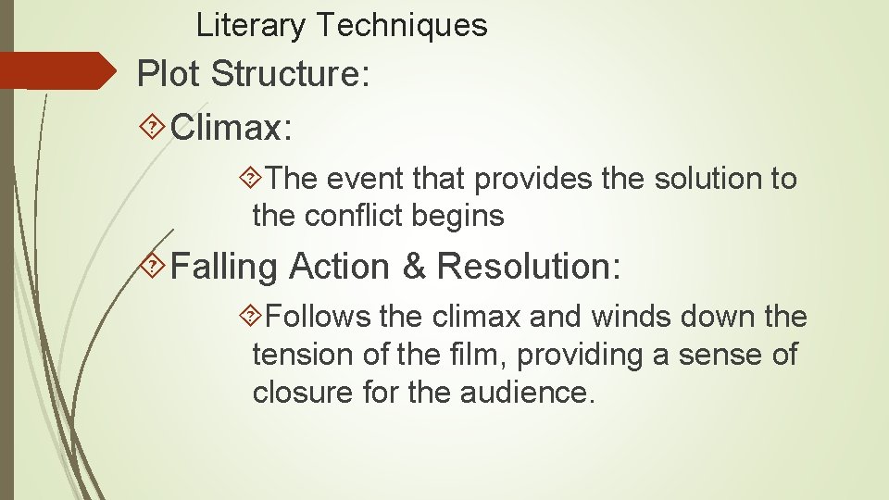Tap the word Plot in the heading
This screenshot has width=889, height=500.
172,74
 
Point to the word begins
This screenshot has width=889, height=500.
459,218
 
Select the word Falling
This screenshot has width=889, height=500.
225,268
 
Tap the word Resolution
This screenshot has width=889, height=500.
528,268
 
